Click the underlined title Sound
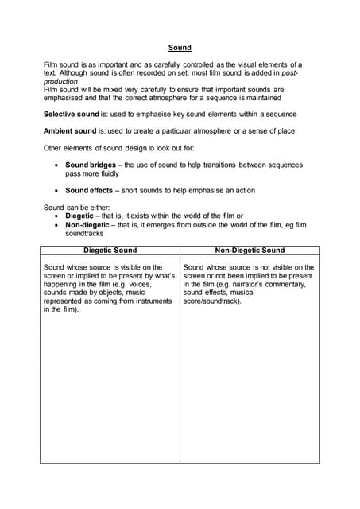pos(180,48)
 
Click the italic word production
pos(63,81)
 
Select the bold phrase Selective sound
pos(71,115)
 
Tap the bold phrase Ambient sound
pos(70,131)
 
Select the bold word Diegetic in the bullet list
pos(80,216)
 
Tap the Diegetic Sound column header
pos(110,251)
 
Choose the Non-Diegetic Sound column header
pos(250,251)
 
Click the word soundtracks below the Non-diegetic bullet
pos(85,234)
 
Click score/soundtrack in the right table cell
pos(211,301)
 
